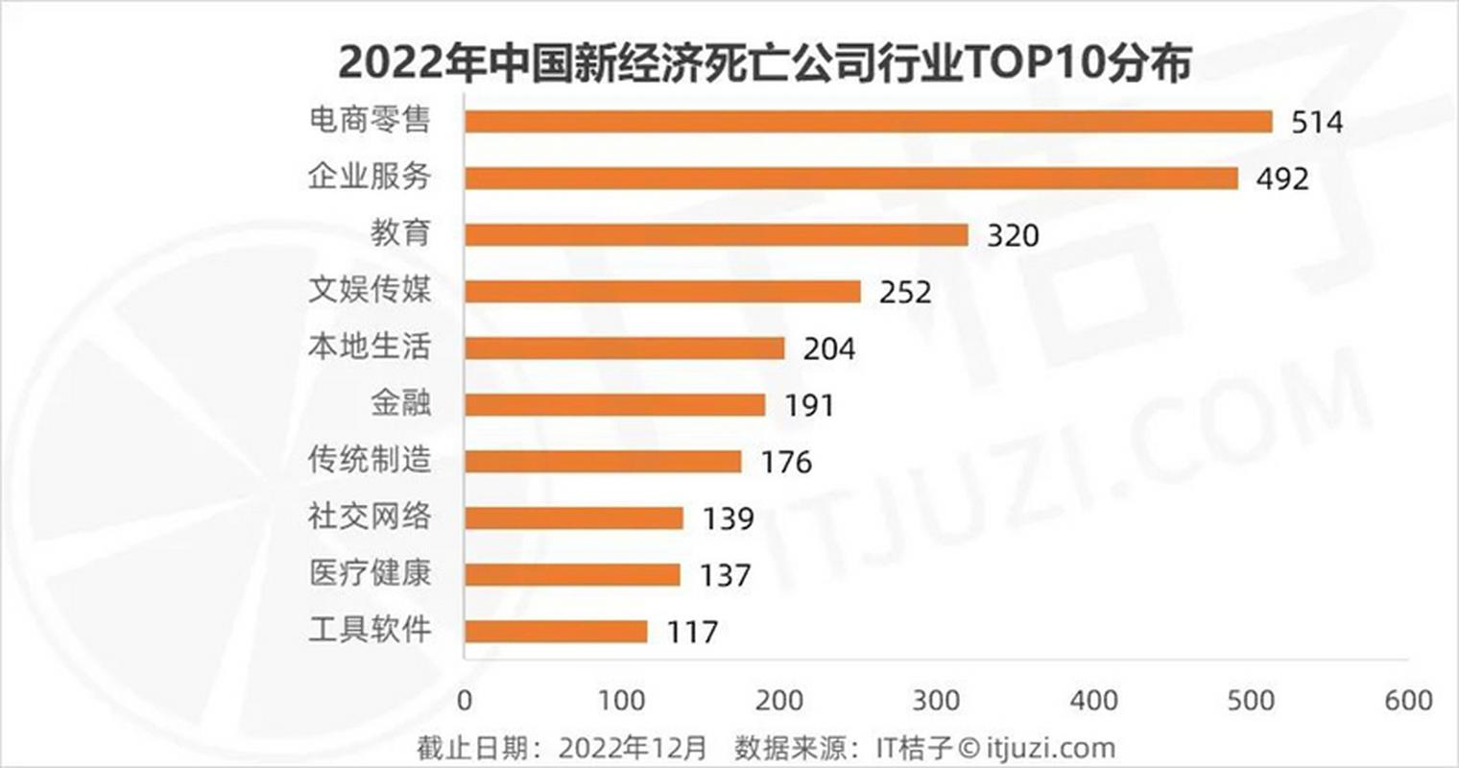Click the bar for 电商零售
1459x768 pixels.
coord(869,121)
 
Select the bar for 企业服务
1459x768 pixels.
coord(851,178)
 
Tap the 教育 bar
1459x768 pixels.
coord(716,234)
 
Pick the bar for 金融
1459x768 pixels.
coord(615,404)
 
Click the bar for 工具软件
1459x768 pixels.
coord(556,631)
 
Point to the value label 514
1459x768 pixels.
coord(1317,123)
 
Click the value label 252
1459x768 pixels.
coord(905,292)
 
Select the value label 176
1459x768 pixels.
coord(786,462)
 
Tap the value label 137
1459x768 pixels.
coord(725,575)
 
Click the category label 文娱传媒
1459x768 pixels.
coord(370,290)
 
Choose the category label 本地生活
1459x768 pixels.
coord(370,347)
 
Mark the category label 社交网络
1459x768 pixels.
coord(370,516)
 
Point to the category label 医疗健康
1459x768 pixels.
coord(370,573)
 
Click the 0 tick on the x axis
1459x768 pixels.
coord(465,700)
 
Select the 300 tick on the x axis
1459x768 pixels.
coord(936,700)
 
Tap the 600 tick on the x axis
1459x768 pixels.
coord(1408,700)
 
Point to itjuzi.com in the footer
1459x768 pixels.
coord(1050,748)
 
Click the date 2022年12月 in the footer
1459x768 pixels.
coord(633,748)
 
